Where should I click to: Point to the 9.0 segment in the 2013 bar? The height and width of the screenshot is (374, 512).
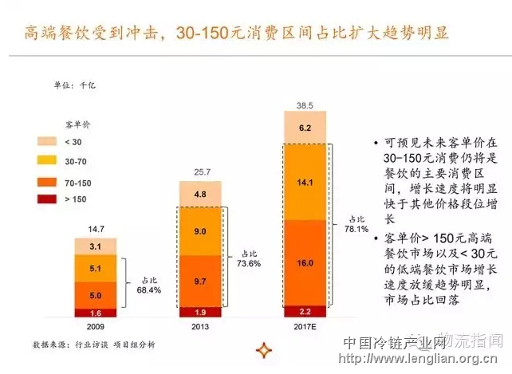201,231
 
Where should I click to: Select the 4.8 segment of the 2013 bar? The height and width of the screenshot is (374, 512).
201,193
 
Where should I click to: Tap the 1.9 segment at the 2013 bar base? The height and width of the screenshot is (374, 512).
201,312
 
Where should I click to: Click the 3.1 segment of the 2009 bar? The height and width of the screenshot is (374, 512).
96,246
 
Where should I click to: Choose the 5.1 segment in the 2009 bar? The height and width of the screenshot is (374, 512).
96,269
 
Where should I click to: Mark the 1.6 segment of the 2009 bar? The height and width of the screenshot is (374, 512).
96,313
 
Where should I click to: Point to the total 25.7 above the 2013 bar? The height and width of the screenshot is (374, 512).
201,172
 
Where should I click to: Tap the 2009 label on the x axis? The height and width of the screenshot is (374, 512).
96,326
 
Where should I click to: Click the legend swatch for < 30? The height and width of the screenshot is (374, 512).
48,143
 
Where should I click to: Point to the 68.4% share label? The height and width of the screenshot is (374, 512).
148,285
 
